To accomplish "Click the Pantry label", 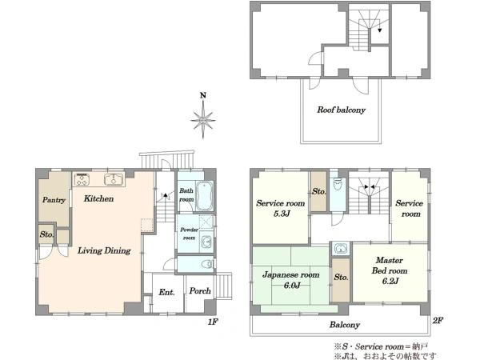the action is (x=54, y=200).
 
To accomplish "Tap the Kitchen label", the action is (x=98, y=198).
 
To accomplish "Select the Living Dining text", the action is (x=104, y=250).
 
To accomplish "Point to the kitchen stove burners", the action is (x=82, y=179).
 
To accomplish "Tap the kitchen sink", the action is (x=114, y=179).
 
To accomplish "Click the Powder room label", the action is (x=189, y=234).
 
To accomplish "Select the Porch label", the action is (x=200, y=290).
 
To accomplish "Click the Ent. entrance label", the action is (x=166, y=292).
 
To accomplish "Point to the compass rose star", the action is (x=203, y=120).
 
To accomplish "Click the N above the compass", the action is (x=203, y=95).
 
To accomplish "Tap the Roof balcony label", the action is (x=341, y=110).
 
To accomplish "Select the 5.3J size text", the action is (x=282, y=214).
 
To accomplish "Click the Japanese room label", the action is (x=291, y=274).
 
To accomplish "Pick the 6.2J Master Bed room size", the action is (x=390, y=281).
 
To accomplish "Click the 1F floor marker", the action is (x=213, y=322).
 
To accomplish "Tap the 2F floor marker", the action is (x=438, y=321).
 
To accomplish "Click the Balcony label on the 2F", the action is (x=344, y=325).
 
